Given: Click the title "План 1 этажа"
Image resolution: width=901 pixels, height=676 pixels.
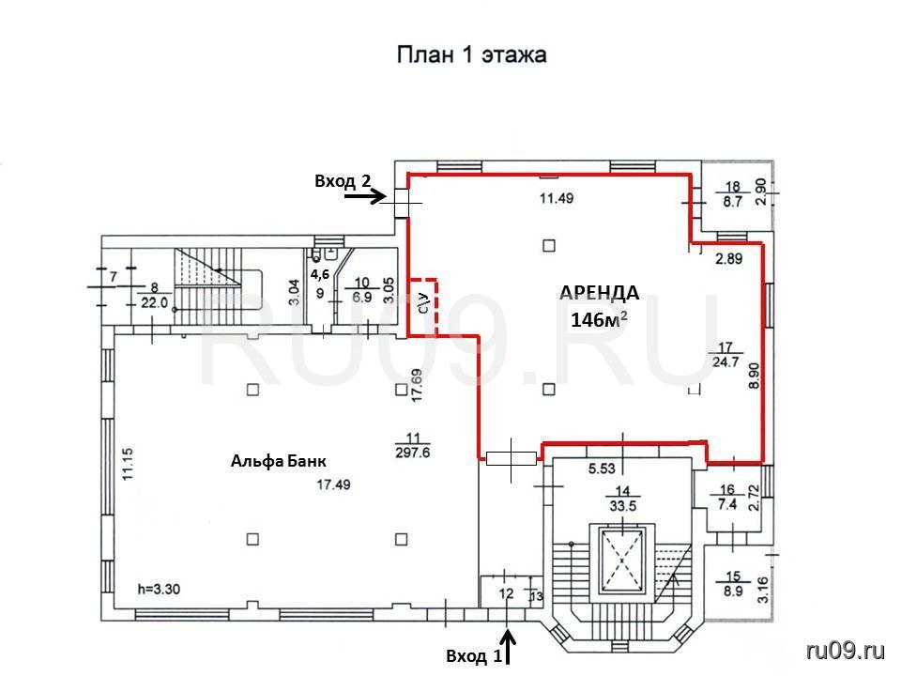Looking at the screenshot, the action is pos(472,55).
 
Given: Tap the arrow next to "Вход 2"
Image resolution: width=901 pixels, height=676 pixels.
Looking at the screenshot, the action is pos(364,196).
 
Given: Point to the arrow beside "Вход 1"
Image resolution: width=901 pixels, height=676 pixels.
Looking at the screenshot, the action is pos(509,646).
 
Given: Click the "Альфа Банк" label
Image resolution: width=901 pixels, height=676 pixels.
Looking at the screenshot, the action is pos(279,460).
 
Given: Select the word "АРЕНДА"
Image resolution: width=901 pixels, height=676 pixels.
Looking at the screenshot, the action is pos(600,293).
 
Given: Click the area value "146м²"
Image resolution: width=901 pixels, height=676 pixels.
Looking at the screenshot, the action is pos(599,319).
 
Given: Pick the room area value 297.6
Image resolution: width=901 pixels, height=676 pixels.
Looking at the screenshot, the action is pos(413,453).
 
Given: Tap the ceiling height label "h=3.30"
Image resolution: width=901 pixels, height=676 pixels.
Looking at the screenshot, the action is pos(160,590).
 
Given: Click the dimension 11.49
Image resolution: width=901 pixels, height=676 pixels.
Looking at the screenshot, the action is pos(557,198).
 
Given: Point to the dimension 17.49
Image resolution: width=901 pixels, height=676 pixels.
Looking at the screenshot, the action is pos(334,484).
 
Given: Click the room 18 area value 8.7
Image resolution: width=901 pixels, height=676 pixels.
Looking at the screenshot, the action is pos(733,202).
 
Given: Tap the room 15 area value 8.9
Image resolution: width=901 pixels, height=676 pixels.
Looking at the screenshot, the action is pos(733,591).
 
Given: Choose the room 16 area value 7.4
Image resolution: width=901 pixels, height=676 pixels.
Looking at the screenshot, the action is pos(726,504).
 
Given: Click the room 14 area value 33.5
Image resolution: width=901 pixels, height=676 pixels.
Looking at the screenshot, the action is pos(623,506).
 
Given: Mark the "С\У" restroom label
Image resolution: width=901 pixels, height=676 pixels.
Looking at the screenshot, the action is pos(424,302).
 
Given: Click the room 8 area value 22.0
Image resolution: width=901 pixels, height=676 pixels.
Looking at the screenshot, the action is pos(154,303).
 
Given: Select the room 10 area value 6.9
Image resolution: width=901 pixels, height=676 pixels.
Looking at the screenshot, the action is pos(361,298).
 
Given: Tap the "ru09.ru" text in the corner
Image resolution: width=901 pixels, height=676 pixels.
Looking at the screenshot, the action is pos(846,651).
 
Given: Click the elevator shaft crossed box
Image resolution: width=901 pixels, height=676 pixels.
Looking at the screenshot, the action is pos(622,560).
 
